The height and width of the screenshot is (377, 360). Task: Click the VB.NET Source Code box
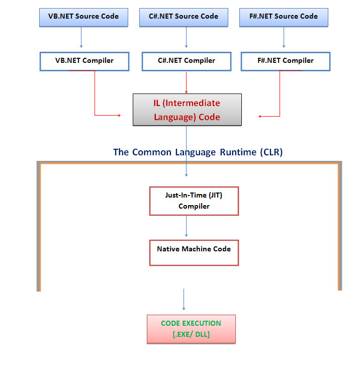(83, 17)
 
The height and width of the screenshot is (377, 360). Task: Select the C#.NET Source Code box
(184, 17)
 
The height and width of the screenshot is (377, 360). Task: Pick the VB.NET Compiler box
(84, 61)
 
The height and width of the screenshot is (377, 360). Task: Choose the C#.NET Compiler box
(186, 61)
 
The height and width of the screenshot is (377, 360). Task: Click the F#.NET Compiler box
(285, 61)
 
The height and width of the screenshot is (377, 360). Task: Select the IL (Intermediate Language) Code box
(187, 110)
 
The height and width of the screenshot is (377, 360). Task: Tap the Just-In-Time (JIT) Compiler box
(194, 201)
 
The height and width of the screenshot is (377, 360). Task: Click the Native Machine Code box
(194, 252)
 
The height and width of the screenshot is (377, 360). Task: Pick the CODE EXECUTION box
(191, 329)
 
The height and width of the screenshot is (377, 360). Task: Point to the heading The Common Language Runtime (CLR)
(198, 152)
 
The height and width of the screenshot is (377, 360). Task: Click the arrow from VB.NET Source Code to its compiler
(81, 38)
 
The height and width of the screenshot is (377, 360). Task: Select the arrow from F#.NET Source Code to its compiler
(284, 38)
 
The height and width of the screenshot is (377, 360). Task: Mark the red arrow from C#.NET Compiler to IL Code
(187, 82)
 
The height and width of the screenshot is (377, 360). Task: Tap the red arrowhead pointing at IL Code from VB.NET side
(119, 115)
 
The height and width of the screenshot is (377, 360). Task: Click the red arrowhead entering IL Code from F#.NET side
(260, 116)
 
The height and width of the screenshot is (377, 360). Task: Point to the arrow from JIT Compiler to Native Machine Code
(187, 227)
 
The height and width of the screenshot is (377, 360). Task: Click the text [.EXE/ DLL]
(191, 334)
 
